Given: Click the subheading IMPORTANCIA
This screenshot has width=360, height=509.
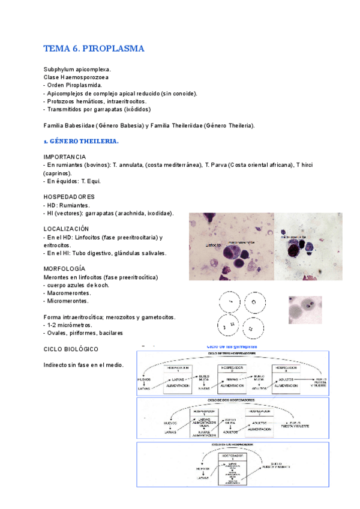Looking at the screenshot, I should point(65,157).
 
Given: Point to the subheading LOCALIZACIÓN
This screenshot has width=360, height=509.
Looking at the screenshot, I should point(67,229).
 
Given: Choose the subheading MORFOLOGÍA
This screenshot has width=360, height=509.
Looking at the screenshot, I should point(64,268).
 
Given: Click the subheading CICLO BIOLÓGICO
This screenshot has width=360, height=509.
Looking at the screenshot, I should point(71,349).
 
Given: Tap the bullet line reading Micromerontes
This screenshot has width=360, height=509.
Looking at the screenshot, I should point(68,301).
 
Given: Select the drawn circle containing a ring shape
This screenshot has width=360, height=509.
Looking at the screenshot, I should point(254,303).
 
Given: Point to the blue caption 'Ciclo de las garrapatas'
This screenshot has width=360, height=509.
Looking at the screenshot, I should point(232,346).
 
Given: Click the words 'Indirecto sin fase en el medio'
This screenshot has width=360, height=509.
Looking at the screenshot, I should point(83,365).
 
